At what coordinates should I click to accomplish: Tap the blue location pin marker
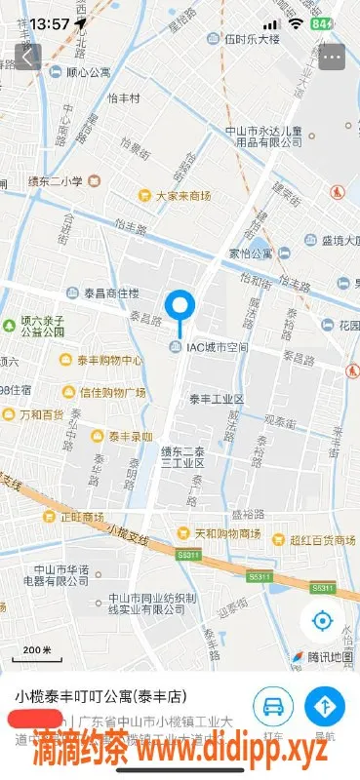180,310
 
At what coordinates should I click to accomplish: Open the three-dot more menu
333,58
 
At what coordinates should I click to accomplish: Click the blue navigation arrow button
325,706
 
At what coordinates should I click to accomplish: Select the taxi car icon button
274,706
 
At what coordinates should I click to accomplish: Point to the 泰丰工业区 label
216,399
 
